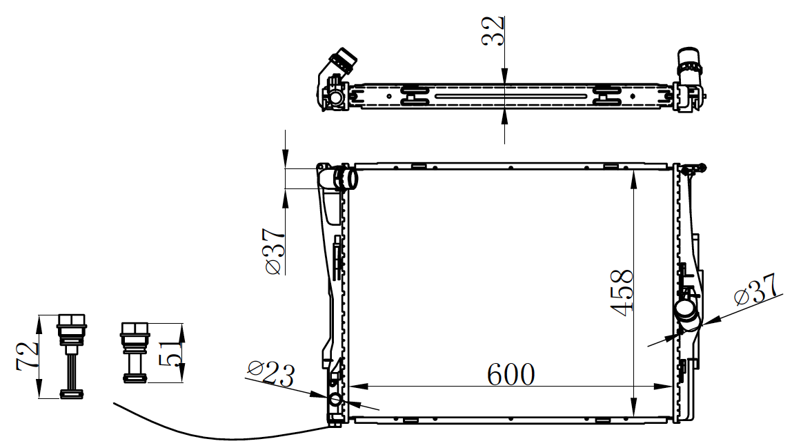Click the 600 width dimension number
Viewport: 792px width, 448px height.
tap(511, 375)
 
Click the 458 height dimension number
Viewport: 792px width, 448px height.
tap(622, 293)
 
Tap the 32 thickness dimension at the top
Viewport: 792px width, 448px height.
tap(493, 31)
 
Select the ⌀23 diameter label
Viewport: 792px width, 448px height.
tap(270, 373)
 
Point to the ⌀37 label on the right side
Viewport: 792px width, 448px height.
tap(756, 290)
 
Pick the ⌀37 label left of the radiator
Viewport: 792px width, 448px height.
tap(275, 251)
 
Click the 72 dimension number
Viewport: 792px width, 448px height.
tap(28, 356)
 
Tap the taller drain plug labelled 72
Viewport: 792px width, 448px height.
tap(72, 356)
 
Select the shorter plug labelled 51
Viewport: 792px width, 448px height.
tap(135, 353)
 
